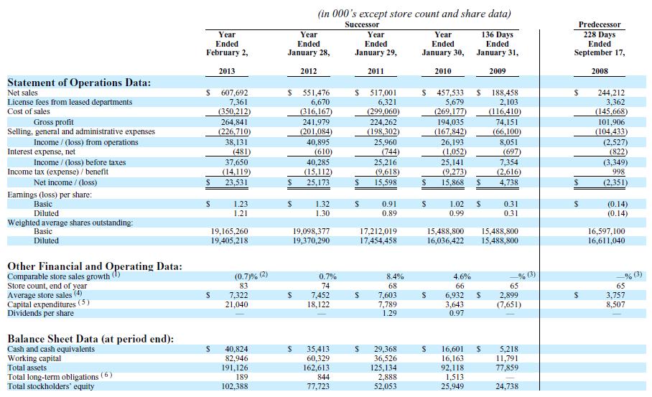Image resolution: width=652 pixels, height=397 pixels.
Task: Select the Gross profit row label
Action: pos(54,122)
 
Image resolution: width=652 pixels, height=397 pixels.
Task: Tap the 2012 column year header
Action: pos(309,71)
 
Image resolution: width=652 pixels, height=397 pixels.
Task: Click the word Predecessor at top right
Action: pos(599,24)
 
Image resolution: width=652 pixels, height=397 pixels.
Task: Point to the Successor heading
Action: pos(362,24)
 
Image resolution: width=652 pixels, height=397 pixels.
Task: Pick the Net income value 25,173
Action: pos(317,182)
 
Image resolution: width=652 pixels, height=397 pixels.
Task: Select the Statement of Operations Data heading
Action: pos(79,83)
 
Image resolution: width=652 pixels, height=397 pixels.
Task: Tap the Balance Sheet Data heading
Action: pos(90,339)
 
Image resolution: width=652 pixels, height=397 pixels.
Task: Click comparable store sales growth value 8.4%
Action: pos(395,276)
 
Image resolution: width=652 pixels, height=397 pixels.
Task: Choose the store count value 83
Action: pos(243,286)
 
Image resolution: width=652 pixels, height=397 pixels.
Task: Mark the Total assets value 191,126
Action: pos(235,368)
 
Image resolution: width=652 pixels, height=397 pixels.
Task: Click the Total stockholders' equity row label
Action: pos(51,387)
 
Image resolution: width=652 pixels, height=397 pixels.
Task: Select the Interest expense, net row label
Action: pos(42,151)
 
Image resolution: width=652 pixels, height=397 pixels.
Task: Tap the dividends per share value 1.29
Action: pos(390,313)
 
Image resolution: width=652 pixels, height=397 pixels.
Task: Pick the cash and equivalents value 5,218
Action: pos(509,349)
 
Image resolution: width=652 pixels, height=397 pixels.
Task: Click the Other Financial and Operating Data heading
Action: pos(95,266)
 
